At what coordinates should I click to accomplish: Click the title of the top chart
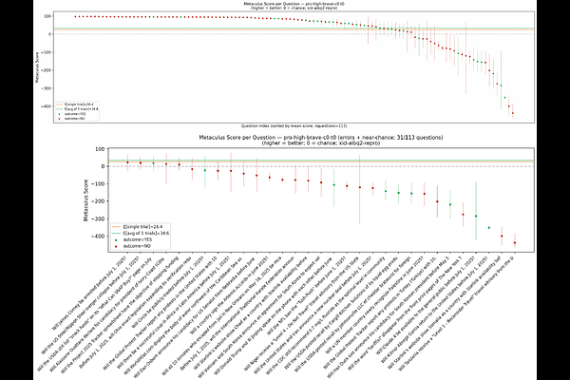click(x=285, y=5)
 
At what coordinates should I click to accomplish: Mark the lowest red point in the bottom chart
click(x=515, y=243)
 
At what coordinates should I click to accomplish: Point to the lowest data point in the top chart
click(x=513, y=113)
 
